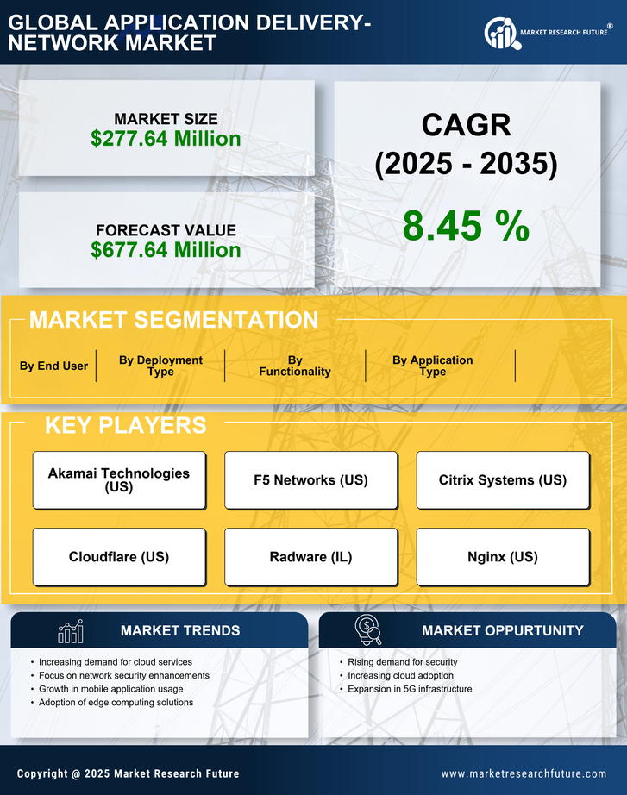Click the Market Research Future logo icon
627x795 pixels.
(x=500, y=32)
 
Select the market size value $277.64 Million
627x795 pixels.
(x=166, y=138)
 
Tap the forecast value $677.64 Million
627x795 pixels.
(x=166, y=250)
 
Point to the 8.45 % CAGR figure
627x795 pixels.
(x=466, y=227)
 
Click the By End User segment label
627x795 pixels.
(x=53, y=366)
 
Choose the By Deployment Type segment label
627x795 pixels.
(x=160, y=366)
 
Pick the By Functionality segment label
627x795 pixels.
(x=295, y=366)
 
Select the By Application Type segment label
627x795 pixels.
(x=432, y=366)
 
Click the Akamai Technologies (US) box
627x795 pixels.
(x=119, y=479)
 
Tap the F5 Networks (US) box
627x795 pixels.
(x=310, y=479)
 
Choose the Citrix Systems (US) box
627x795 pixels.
(x=503, y=479)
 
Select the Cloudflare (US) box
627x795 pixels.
(x=119, y=556)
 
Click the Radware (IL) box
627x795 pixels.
(x=310, y=556)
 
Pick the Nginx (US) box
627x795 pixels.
(x=503, y=556)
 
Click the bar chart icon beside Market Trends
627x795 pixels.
(x=70, y=632)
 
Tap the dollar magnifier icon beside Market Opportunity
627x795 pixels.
(x=367, y=630)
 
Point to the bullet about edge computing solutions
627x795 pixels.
(x=116, y=703)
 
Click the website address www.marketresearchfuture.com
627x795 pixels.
(x=524, y=773)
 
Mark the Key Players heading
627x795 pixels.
(x=125, y=425)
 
